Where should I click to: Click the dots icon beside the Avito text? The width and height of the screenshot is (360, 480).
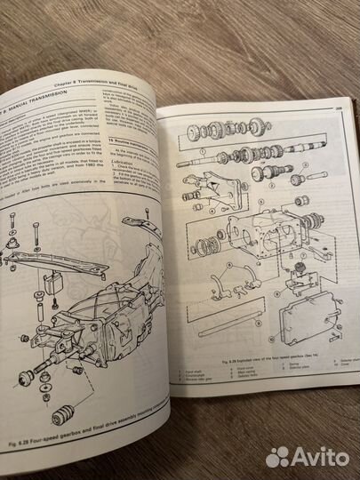pyautogui.click(x=277, y=457)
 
